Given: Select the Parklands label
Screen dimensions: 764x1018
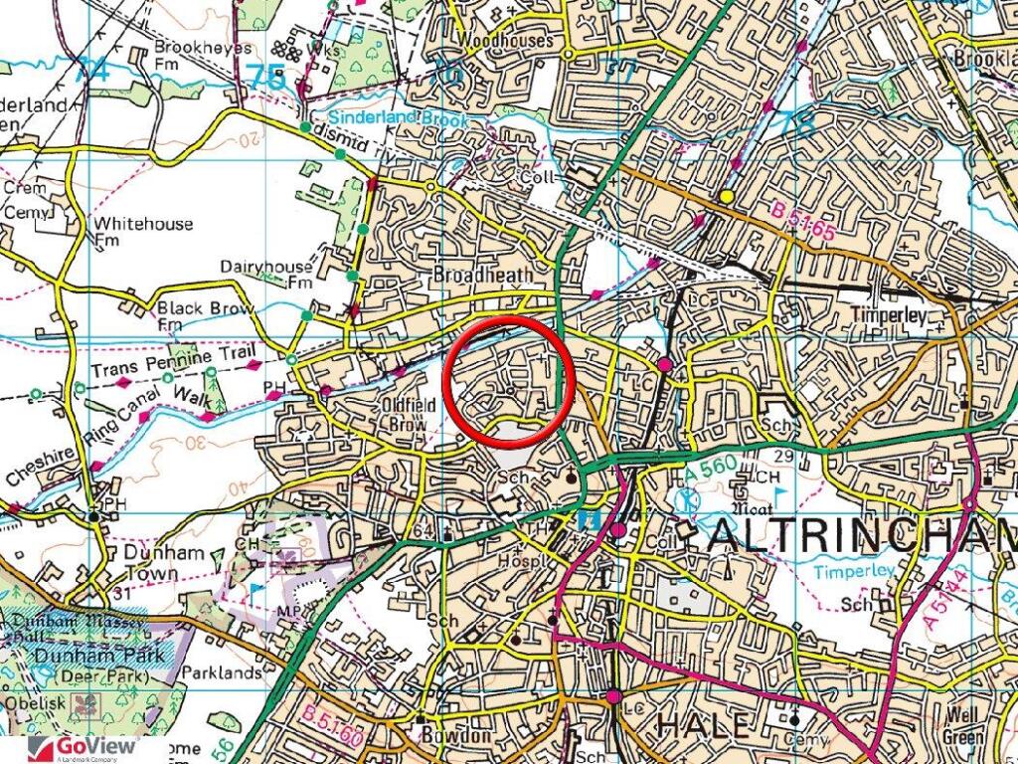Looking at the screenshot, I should [x=223, y=672].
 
